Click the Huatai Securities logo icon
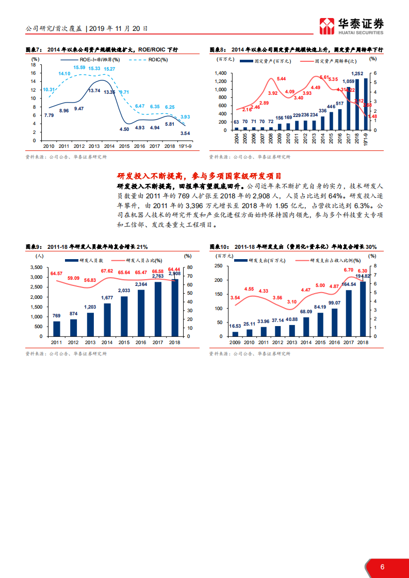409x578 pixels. [327, 26]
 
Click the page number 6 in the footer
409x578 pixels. [382, 567]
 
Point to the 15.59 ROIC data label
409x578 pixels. [79, 67]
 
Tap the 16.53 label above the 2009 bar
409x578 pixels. [235, 326]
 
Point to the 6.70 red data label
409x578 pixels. [348, 270]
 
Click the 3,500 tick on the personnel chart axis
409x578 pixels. [35, 267]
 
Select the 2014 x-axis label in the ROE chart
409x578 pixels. [109, 146]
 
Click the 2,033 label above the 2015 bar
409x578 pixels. [124, 291]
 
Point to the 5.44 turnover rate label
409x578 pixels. [281, 79]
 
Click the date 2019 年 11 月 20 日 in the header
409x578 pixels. [118, 29]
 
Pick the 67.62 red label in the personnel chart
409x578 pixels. [107, 271]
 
